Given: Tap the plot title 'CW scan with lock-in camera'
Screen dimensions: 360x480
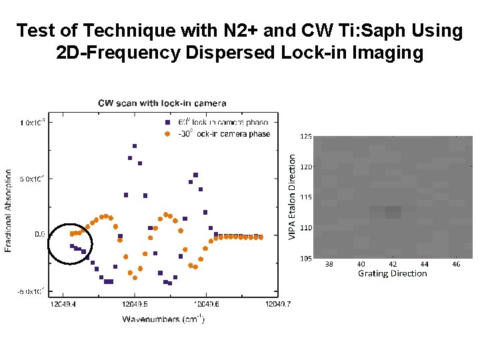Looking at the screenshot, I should pyautogui.click(x=162, y=103).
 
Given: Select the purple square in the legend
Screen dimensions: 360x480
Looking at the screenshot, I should pyautogui.click(x=167, y=123).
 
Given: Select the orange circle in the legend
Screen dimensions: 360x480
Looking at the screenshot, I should pyautogui.click(x=167, y=133).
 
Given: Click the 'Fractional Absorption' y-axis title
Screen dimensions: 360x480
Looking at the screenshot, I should pyautogui.click(x=9, y=209).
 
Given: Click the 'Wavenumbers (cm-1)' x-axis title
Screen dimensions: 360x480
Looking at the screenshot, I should pyautogui.click(x=163, y=319).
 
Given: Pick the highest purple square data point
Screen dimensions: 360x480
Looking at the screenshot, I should pyautogui.click(x=135, y=146).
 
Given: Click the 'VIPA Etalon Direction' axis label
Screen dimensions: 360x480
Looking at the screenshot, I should pyautogui.click(x=293, y=194).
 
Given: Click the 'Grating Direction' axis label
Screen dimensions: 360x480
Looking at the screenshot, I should pyautogui.click(x=392, y=273).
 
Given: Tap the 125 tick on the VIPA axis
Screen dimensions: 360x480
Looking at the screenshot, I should pyautogui.click(x=305, y=137).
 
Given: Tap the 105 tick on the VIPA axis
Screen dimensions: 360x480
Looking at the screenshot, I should pyautogui.click(x=305, y=258).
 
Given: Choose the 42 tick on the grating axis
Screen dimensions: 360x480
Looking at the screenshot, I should pyautogui.click(x=393, y=264).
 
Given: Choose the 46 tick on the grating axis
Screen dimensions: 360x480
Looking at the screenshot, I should pyautogui.click(x=456, y=264).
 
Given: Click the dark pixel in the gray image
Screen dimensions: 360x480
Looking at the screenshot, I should pyautogui.click(x=393, y=212).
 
